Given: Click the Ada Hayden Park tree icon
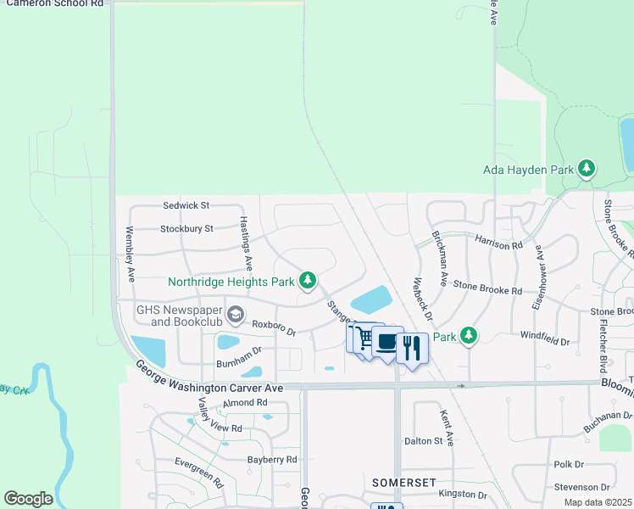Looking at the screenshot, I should (x=586, y=169).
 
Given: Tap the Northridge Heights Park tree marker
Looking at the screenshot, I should (x=309, y=280).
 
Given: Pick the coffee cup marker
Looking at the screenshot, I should (x=387, y=342).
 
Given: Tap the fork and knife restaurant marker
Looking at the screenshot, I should (x=412, y=347).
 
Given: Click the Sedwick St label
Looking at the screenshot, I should (x=186, y=205).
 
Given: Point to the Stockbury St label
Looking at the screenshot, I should (x=186, y=228).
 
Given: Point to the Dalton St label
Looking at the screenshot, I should (x=424, y=440).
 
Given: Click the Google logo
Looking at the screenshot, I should (x=28, y=498).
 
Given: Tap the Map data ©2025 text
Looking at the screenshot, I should (x=598, y=502).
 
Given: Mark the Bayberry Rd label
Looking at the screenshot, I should (x=272, y=459).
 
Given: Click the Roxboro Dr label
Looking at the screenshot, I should (x=273, y=327).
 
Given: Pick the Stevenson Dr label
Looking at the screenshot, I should (x=581, y=487).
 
